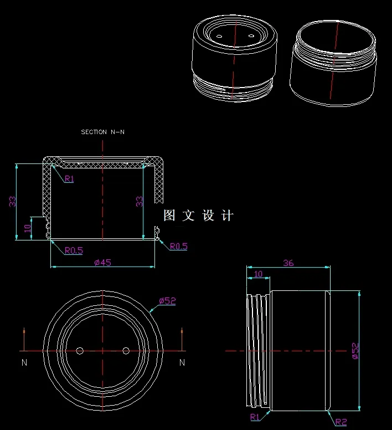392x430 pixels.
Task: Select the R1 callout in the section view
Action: [x=69, y=179]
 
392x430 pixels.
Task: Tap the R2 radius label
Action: [x=341, y=422]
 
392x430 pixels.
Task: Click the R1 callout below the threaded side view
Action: [x=255, y=417]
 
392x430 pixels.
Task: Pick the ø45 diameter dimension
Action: [x=102, y=262]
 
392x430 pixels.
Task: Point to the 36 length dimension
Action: [x=288, y=263]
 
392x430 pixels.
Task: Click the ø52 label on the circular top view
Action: [x=167, y=301]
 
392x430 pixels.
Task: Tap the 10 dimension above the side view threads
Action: [x=258, y=274]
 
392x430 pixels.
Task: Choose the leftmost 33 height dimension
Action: [x=12, y=202]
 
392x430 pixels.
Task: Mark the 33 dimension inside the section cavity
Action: [x=140, y=202]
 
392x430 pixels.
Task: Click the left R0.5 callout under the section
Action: [x=73, y=250]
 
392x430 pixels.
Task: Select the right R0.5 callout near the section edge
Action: [x=178, y=246]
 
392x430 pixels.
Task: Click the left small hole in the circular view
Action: [x=80, y=351]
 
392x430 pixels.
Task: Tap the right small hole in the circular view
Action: [x=126, y=351]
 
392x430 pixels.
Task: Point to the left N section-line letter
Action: [x=24, y=362]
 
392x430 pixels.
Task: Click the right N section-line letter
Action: [x=182, y=362]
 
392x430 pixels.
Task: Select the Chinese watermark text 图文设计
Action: [x=199, y=216]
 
